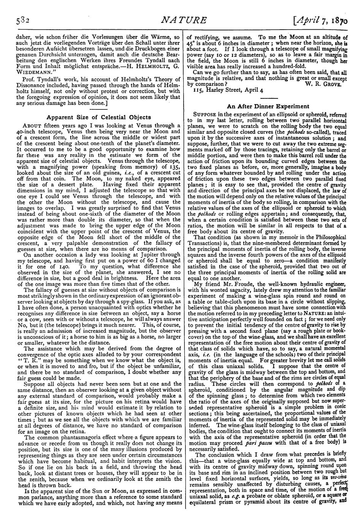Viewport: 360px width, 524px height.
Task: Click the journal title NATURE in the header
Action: coord(179,19)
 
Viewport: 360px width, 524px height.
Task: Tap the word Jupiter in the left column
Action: coord(165,255)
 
